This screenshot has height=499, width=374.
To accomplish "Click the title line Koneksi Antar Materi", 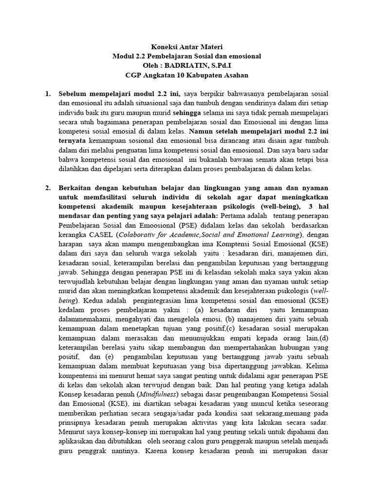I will [187, 47].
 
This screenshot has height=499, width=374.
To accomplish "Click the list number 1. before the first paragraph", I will [48, 94].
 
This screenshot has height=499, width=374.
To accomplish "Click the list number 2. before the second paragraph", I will [48, 188].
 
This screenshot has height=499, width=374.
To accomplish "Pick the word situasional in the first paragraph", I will [142, 103].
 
